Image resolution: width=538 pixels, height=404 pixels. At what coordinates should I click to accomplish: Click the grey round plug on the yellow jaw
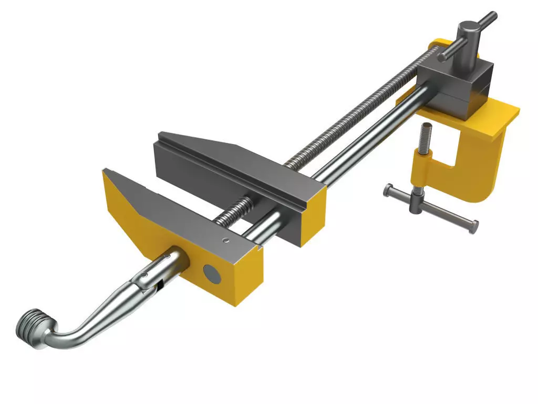213,272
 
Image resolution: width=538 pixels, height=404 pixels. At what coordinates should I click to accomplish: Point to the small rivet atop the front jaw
225,241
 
